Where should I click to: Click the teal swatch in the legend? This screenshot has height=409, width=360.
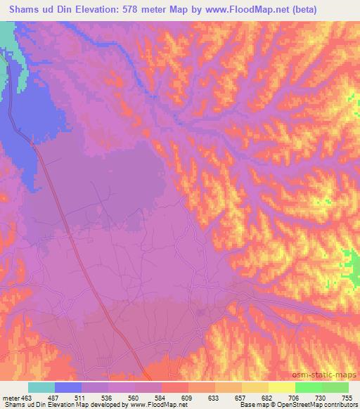pos(41,387)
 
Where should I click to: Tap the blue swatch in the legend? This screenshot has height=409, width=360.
pos(68,387)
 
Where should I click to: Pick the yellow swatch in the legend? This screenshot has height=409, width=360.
pos(281,387)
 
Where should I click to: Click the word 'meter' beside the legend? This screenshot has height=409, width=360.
pos(10,397)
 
